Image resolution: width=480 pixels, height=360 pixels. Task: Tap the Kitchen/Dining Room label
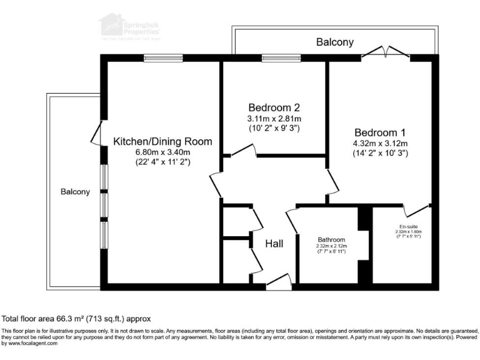162,141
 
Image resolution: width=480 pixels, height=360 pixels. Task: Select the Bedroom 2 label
274,106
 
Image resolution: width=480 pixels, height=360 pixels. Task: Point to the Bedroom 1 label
380,132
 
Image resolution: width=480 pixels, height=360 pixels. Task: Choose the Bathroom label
331,239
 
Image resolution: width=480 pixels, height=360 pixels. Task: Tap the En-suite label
408,226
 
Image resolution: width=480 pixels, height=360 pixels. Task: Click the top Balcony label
334,42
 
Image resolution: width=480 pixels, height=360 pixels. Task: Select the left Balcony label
75,192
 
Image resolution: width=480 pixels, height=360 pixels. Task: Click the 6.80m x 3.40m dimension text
162,152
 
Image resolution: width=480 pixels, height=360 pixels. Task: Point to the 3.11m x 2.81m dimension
274,118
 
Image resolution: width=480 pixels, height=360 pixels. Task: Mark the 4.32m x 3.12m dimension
380,143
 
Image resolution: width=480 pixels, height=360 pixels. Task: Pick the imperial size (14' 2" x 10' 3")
380,153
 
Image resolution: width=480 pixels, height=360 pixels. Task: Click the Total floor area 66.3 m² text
76,319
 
